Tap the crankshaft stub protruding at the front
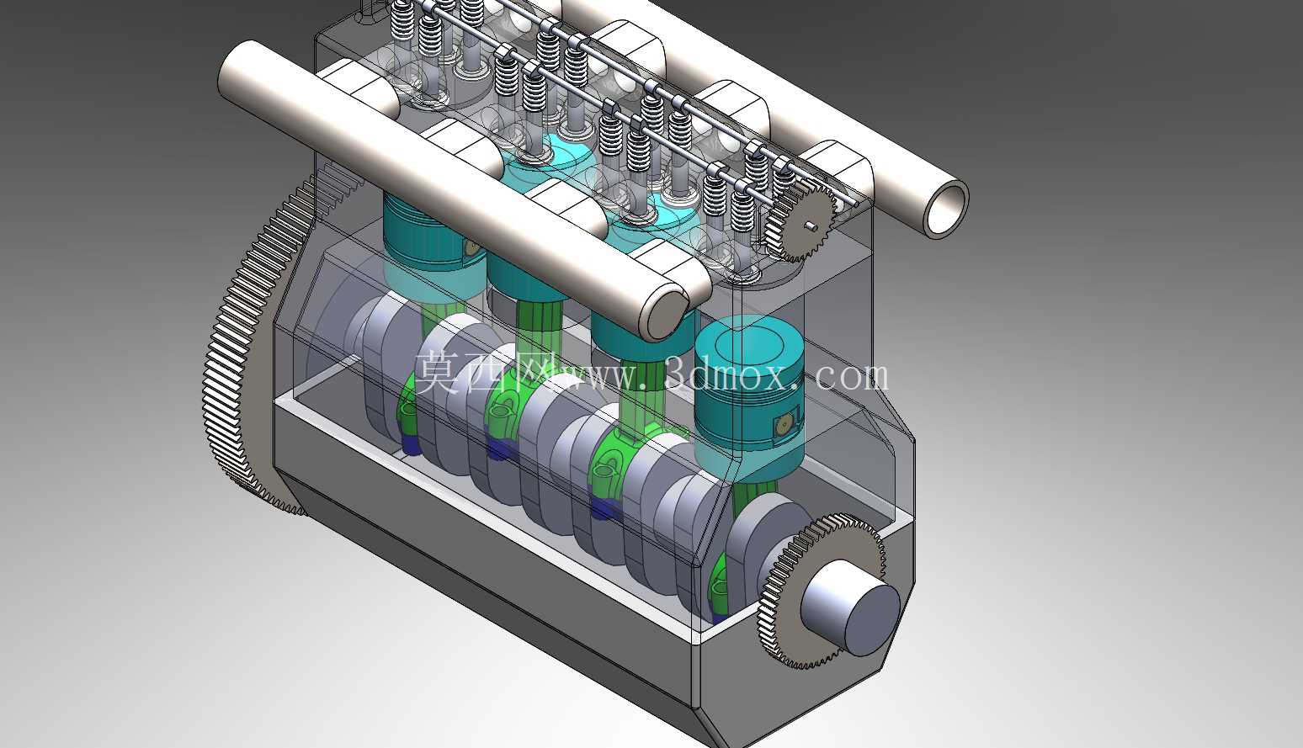[x=850, y=608]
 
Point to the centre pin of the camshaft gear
[x=809, y=225]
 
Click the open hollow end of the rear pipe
[x=946, y=209]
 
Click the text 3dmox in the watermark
[x=731, y=376]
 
